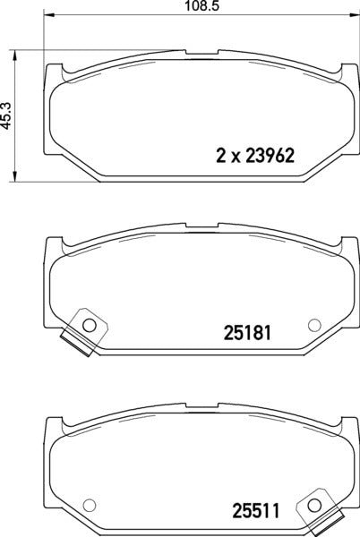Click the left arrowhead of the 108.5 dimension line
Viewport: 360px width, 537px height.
coord(47,16)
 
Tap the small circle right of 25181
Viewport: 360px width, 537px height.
coord(313,324)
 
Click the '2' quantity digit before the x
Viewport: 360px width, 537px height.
coord(220,153)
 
